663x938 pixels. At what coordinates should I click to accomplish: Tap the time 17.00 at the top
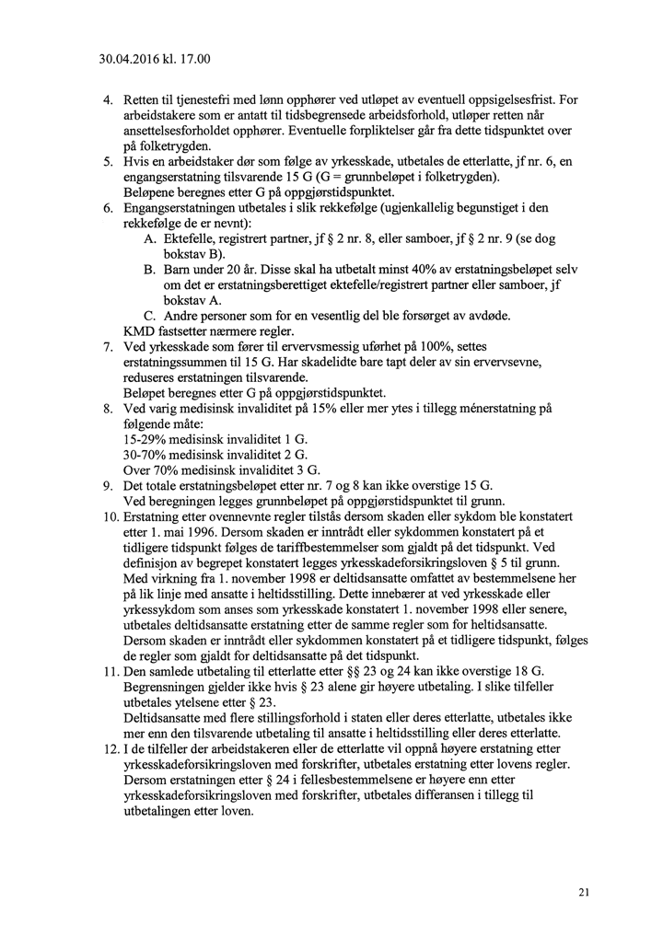click(195, 61)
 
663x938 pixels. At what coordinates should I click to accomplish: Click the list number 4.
click(107, 99)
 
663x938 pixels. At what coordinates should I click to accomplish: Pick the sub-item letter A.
click(150, 237)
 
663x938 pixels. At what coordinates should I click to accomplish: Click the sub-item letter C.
click(150, 315)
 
